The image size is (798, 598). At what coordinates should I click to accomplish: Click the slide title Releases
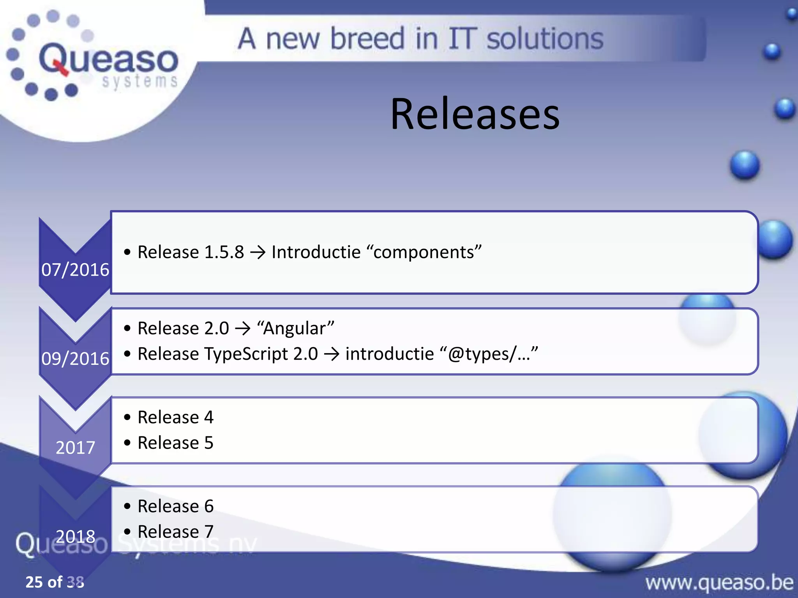(x=475, y=114)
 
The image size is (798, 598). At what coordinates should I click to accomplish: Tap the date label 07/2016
(x=75, y=269)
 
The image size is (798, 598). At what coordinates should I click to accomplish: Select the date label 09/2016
(x=75, y=358)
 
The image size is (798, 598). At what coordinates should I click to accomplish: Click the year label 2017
(x=75, y=447)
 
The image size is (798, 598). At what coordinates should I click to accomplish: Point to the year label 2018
(x=75, y=536)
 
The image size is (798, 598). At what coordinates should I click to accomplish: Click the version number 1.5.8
(x=224, y=252)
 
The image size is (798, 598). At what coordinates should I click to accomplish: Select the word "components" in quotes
(x=424, y=252)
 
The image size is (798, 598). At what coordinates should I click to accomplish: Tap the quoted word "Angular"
(x=295, y=328)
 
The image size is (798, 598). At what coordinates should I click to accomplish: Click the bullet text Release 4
(x=175, y=417)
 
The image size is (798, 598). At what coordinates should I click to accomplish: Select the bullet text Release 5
(x=175, y=443)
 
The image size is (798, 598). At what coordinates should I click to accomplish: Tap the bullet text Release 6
(x=175, y=506)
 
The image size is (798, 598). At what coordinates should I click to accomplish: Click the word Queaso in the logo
(x=108, y=59)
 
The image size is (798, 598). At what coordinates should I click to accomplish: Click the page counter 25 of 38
(x=55, y=582)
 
